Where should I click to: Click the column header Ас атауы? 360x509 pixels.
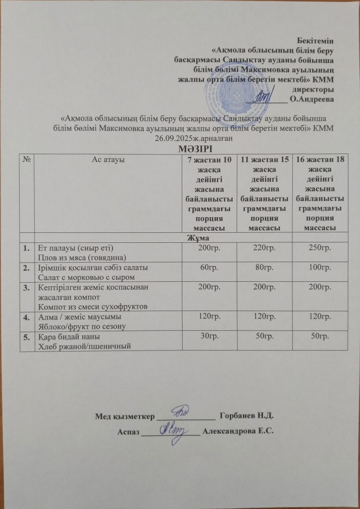[108, 160]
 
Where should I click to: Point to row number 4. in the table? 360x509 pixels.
[27, 317]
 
